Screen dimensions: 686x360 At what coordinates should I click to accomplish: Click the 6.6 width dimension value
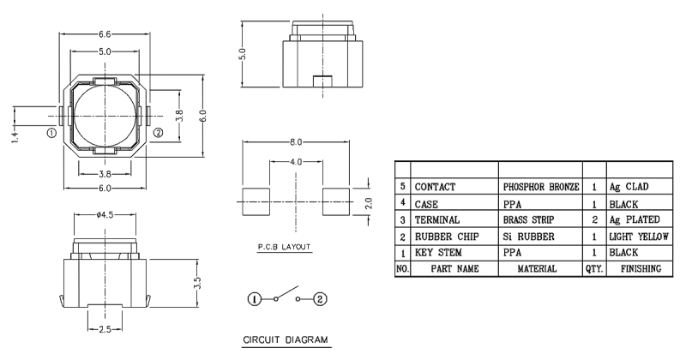tap(105, 34)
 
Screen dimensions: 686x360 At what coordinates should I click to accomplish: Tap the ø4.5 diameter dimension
tap(105, 215)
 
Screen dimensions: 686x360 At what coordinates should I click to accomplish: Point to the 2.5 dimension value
tap(105, 329)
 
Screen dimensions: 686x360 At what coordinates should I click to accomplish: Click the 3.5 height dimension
tap(197, 282)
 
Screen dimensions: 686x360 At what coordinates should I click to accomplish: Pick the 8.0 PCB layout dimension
tap(296, 141)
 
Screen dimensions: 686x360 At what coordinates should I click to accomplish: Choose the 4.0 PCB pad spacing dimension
tap(296, 162)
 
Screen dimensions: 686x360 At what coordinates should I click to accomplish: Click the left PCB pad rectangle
tap(256, 201)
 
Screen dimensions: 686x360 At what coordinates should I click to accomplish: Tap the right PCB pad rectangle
tap(336, 201)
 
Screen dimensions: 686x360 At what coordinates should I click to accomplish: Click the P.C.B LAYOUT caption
tap(284, 247)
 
